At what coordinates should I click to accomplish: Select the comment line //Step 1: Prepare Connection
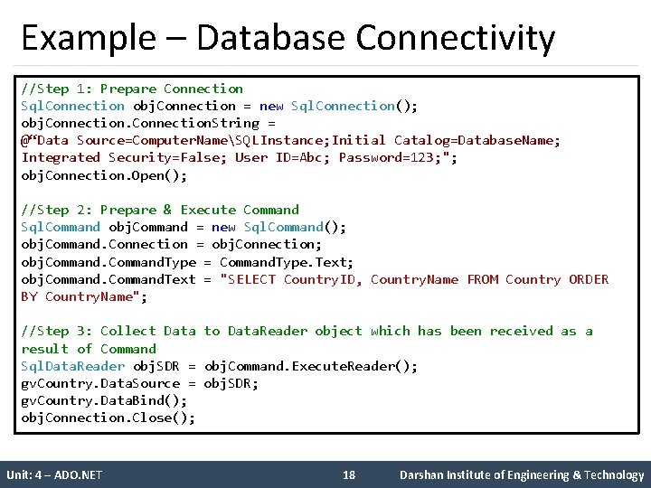tap(132, 89)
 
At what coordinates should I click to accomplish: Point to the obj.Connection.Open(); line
tap(104, 175)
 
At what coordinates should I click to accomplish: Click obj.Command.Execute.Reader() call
tap(311, 366)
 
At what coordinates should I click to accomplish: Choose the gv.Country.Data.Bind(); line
tap(104, 400)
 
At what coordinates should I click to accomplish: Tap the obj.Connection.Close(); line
tap(108, 418)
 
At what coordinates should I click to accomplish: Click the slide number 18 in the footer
tap(350, 474)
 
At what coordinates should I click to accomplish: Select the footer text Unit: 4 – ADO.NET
tap(54, 474)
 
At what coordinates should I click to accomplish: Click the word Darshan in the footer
tap(424, 474)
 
